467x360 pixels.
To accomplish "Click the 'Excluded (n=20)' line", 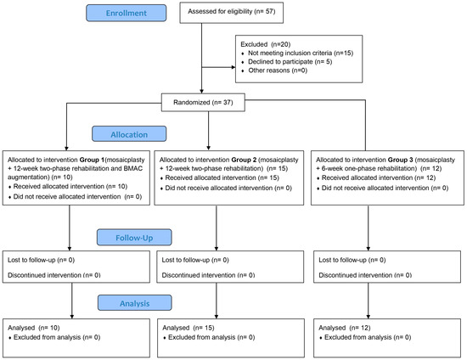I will (x=271, y=50).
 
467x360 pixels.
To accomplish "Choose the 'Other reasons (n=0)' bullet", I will (x=275, y=84).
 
